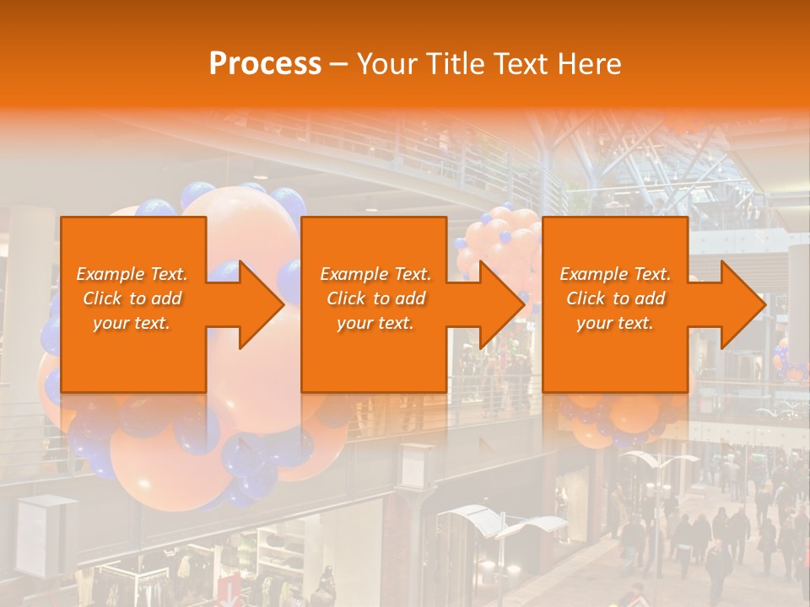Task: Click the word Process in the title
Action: tap(265, 64)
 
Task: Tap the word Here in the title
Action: tap(590, 64)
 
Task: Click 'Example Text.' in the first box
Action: tap(132, 274)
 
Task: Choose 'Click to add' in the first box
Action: tap(132, 298)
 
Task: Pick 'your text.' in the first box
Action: tap(132, 323)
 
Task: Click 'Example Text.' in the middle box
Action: tap(375, 274)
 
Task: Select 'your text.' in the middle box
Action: tap(375, 323)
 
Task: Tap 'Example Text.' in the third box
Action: tap(615, 274)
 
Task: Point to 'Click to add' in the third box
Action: tap(615, 298)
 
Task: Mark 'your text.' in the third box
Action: tap(615, 323)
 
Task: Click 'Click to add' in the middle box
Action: tap(375, 298)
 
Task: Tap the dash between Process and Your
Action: tap(337, 64)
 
